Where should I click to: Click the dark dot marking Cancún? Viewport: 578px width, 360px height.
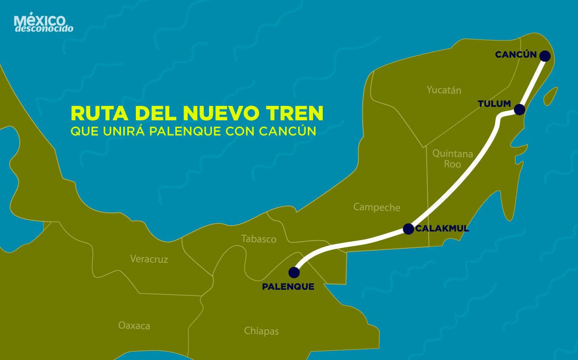(545, 56)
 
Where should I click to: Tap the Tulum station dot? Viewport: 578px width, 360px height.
(519, 110)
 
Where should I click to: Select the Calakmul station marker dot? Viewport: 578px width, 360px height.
(408, 229)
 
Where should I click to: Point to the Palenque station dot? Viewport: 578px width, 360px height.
(293, 272)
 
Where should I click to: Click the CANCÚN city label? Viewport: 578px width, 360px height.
(515, 55)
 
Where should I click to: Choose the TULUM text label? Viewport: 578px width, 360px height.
(494, 104)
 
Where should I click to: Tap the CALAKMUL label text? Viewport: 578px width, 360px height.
(442, 229)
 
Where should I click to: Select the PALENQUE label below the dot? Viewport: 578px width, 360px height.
(288, 287)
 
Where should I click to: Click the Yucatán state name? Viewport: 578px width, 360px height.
(444, 90)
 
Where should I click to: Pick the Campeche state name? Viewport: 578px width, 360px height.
(377, 207)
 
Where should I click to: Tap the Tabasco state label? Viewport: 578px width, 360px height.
(259, 239)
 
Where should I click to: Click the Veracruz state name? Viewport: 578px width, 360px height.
(149, 259)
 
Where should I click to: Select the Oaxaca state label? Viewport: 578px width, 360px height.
(134, 326)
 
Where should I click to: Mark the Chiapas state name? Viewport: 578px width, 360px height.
(261, 331)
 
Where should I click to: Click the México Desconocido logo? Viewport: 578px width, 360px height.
(44, 24)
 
